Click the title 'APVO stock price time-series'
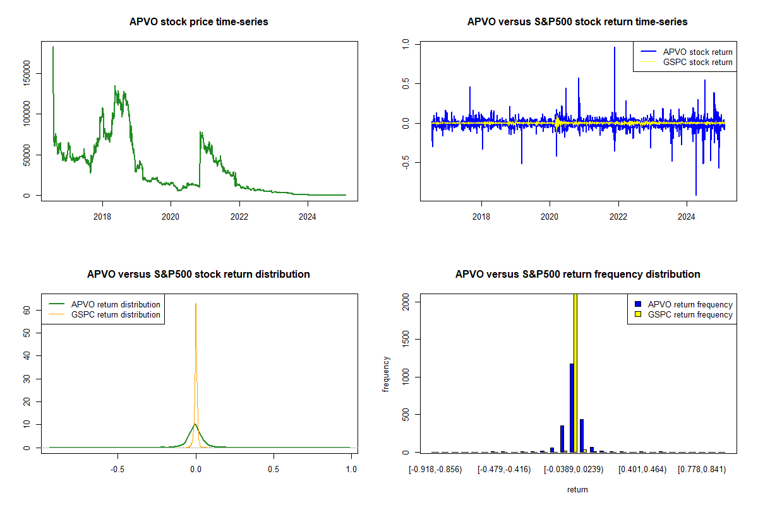tap(198, 22)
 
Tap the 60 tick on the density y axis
tap(27, 310)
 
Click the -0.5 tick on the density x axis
tap(117, 470)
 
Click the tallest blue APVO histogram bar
tap(572, 408)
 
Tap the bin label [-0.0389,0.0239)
tap(574, 470)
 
